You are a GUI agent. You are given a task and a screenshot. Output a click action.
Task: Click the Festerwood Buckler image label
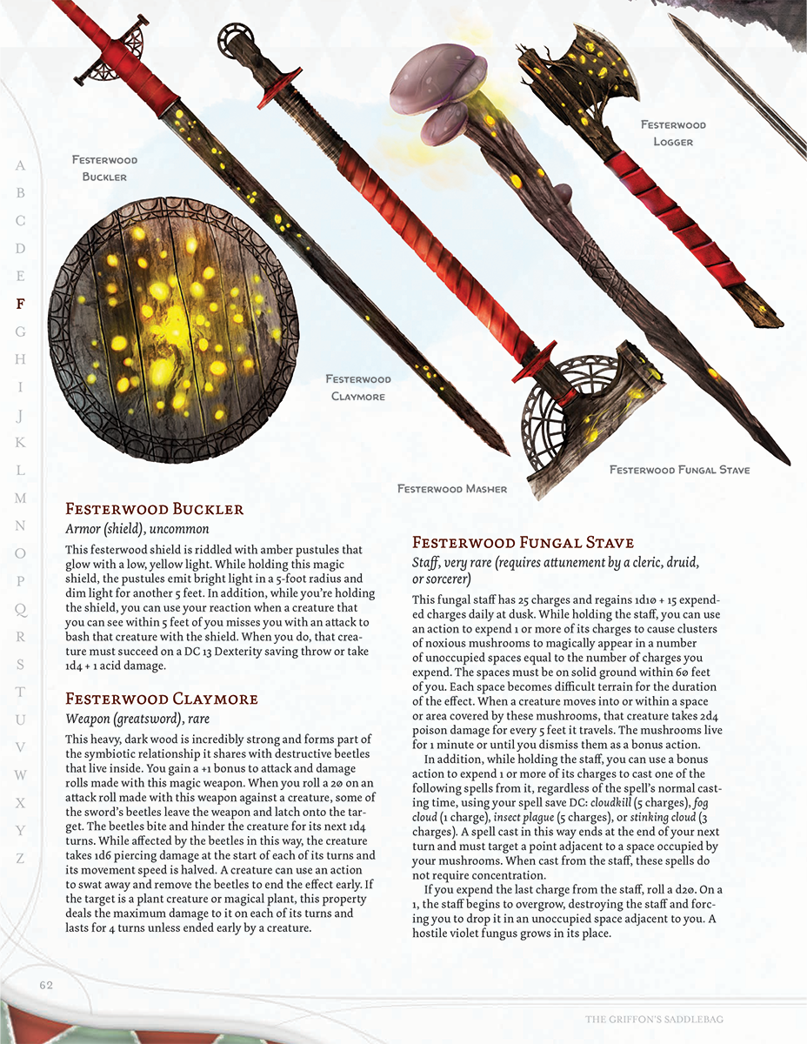tap(104, 168)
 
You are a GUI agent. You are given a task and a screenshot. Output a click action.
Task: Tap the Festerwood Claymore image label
tap(358, 387)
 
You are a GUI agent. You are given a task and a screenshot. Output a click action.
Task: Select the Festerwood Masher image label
tap(451, 489)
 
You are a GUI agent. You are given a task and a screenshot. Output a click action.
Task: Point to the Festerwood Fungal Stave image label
tap(679, 470)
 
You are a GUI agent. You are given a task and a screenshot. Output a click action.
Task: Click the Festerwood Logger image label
tap(673, 133)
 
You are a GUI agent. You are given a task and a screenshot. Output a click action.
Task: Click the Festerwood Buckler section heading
tap(154, 509)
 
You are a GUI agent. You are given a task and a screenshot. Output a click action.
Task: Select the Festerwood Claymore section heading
tap(161, 699)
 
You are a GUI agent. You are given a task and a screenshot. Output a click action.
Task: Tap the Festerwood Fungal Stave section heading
tap(523, 543)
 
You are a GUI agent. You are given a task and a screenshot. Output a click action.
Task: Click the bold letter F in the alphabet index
tap(21, 304)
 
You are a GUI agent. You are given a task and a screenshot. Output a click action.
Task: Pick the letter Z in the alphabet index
tap(21, 858)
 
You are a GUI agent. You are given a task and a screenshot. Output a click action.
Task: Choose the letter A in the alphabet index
tap(21, 165)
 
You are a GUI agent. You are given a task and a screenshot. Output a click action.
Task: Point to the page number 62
tap(46, 985)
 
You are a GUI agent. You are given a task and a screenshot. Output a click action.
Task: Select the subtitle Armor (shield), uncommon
tap(137, 529)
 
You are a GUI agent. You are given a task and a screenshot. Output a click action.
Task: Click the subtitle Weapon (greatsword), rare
tap(137, 719)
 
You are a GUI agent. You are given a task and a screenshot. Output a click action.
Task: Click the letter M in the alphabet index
tap(21, 498)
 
